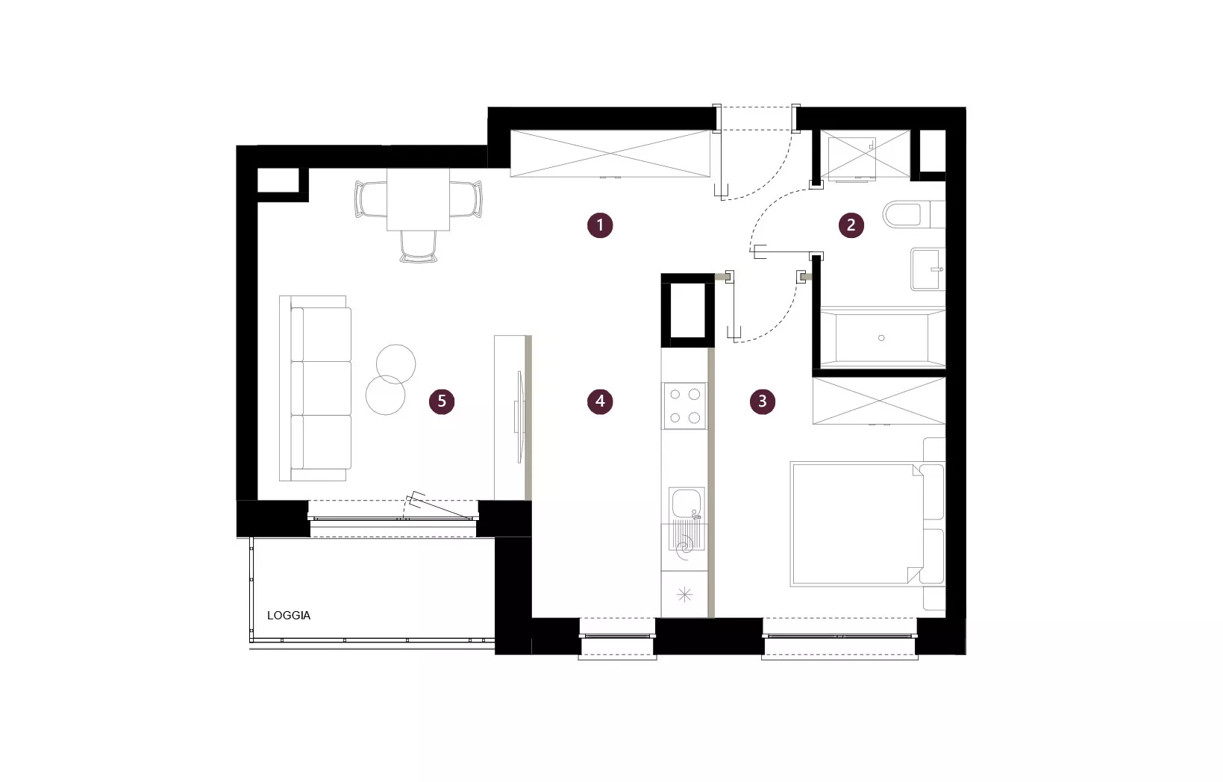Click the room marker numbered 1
point(600,225)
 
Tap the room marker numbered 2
point(851,225)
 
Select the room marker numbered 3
point(763,401)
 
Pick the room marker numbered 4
point(600,401)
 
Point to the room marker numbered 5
point(442,401)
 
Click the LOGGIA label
point(289,616)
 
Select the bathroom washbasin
point(928,269)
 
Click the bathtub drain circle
point(881,338)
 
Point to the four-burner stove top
point(685,406)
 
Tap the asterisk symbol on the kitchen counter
point(685,594)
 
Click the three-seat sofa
point(316,388)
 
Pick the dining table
point(418,199)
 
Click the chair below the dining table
point(418,246)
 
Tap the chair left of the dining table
point(371,199)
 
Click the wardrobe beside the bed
point(879,401)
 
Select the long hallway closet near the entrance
point(610,154)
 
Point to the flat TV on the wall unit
point(519,416)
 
